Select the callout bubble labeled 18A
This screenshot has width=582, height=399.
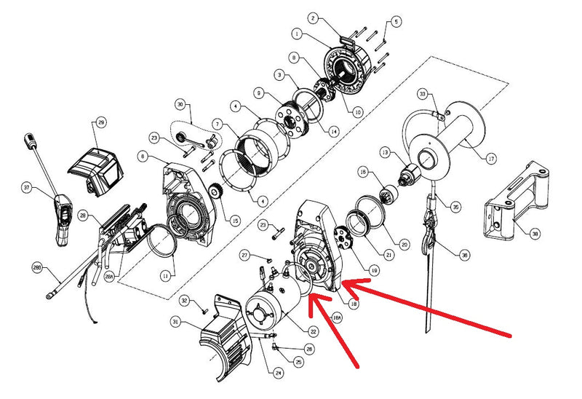tap(336, 317)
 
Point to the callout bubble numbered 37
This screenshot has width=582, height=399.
tap(28, 188)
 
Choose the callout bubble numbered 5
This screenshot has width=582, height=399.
tap(396, 23)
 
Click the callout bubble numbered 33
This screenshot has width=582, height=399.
tap(423, 94)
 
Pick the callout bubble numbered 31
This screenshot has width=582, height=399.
tap(175, 322)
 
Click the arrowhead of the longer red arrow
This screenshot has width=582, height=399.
tap(345, 283)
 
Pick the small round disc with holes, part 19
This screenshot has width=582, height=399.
tap(342, 241)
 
